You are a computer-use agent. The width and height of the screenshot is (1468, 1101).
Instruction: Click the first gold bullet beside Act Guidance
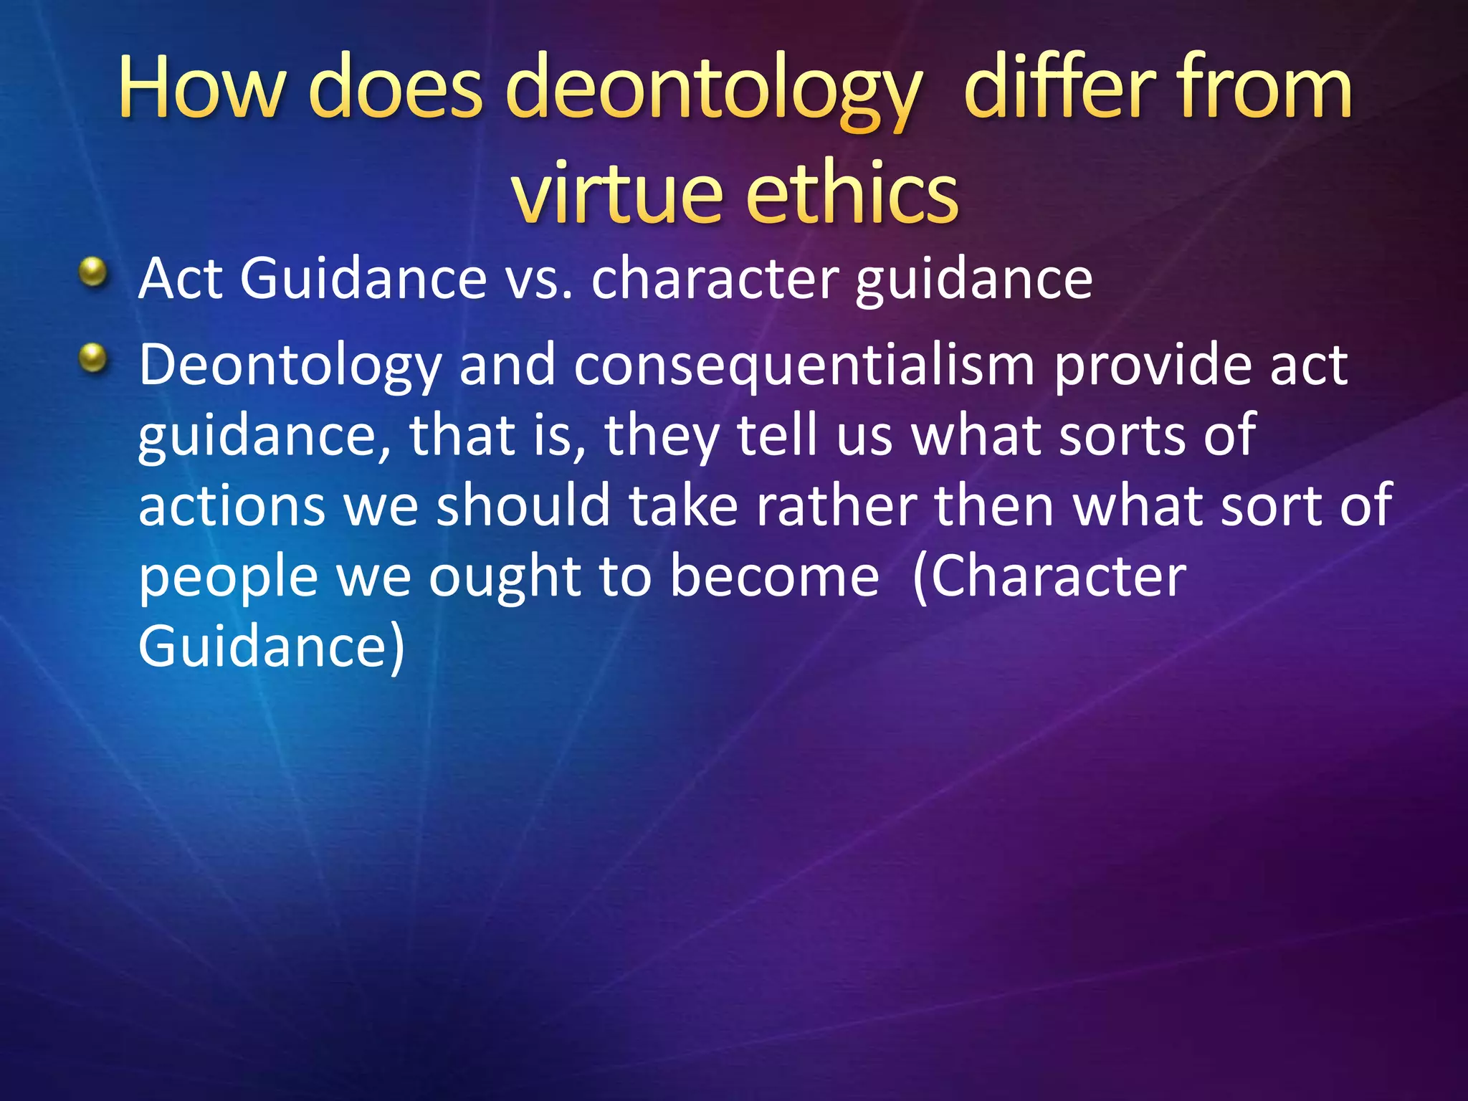(x=93, y=273)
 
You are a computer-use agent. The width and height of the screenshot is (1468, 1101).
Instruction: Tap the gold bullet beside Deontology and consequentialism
(x=93, y=358)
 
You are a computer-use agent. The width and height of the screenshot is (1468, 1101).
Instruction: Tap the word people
(x=228, y=577)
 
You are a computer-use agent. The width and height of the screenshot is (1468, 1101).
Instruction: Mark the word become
(x=774, y=577)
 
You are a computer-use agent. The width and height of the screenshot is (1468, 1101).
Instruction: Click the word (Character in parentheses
(x=1049, y=577)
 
